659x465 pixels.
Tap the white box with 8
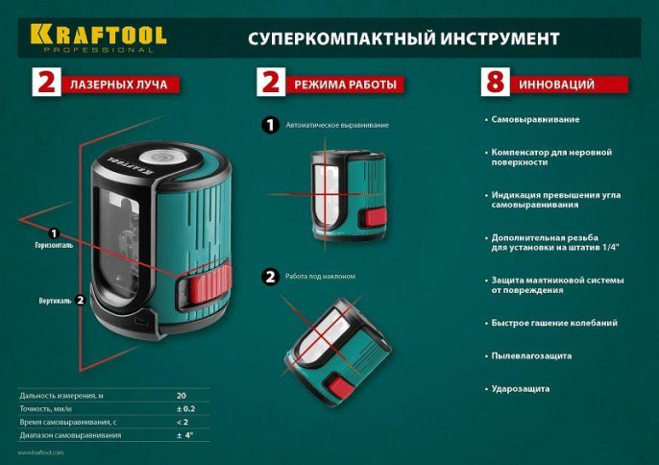(495, 84)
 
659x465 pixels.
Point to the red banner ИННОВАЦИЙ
(571, 85)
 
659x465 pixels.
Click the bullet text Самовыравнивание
(534, 120)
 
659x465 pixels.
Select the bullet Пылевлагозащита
(530, 355)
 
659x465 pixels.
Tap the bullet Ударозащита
(520, 388)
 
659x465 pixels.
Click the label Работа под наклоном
(321, 277)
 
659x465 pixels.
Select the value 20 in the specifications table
(181, 395)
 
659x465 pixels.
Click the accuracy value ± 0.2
(186, 408)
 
